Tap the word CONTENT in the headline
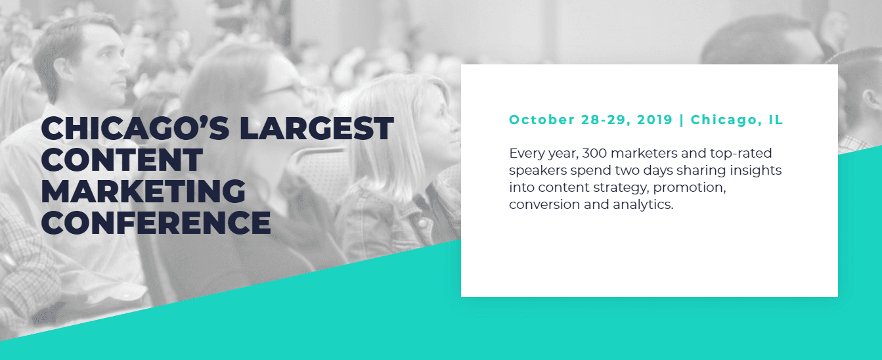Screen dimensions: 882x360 [122, 160]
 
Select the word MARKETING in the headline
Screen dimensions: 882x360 [143, 191]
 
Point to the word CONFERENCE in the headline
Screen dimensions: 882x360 [156, 223]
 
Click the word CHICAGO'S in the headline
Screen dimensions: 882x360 [135, 128]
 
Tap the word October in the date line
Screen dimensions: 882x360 [542, 120]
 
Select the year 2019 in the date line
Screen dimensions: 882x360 [655, 120]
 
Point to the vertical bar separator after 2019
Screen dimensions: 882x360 [682, 120]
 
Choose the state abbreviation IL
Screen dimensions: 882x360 [776, 120]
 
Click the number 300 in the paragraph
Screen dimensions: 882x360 [594, 153]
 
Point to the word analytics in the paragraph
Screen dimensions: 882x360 [643, 205]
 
